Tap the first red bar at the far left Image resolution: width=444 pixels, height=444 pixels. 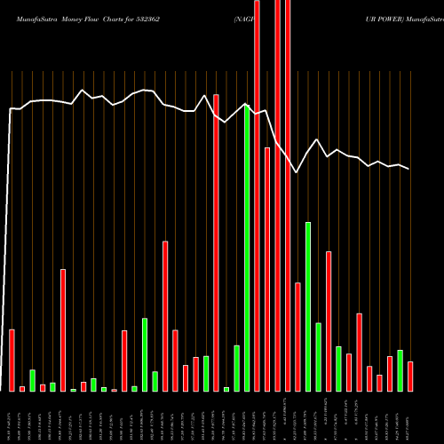pos(12,360)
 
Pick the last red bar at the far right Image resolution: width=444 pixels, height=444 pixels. pos(410,377)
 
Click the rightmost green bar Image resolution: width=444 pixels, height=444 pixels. pos(400,370)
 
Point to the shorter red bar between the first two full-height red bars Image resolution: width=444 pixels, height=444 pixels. pos(267,269)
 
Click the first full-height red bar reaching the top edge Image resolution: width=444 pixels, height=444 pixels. pos(258,195)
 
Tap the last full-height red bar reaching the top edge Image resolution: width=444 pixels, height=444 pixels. pos(288,195)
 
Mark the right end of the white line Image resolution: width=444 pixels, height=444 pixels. pos(409,169)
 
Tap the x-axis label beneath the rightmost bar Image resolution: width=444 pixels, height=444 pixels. pos(410,417)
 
